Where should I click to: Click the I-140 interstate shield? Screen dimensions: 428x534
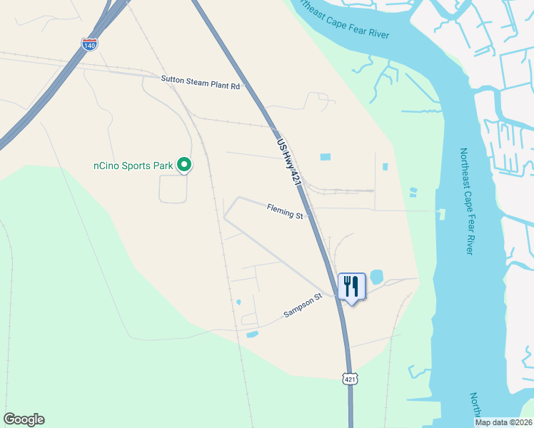(89, 44)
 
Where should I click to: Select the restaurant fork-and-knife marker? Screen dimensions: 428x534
(351, 287)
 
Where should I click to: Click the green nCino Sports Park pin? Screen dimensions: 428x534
(183, 165)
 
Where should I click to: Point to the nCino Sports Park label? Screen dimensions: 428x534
(133, 165)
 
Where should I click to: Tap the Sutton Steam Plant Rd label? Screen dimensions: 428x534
(201, 83)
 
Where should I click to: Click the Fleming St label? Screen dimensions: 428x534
(285, 210)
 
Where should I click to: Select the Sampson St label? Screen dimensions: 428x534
(301, 306)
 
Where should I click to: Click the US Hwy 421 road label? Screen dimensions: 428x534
(289, 164)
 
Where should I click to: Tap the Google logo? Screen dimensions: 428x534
(24, 419)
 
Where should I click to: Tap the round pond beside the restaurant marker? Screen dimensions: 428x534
(376, 276)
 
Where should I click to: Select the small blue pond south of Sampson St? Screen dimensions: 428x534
(251, 334)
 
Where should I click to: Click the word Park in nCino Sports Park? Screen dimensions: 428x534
(163, 165)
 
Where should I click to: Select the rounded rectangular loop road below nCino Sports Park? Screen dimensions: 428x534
(173, 189)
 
